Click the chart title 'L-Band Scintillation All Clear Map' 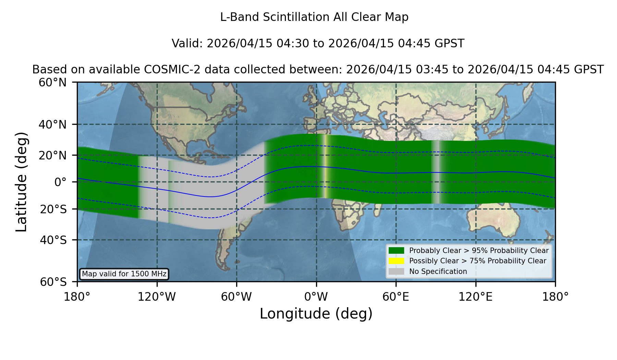[x=314, y=17]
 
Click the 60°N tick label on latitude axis [x=53, y=83]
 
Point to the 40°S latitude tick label [x=53, y=240]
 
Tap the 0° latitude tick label [x=60, y=182]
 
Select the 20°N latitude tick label [x=53, y=155]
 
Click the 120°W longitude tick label [x=157, y=297]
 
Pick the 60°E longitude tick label [x=396, y=297]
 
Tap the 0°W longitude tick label [x=316, y=297]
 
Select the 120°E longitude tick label [x=475, y=297]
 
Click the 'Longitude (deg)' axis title [x=316, y=314]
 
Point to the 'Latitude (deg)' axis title [x=22, y=182]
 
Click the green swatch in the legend [x=396, y=250]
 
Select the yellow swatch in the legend [x=396, y=261]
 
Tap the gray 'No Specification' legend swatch [x=396, y=272]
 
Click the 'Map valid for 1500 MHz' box [x=124, y=274]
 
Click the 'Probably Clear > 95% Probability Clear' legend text [x=479, y=251]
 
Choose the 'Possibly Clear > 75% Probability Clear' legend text [x=478, y=261]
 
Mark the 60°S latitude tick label [x=53, y=282]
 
